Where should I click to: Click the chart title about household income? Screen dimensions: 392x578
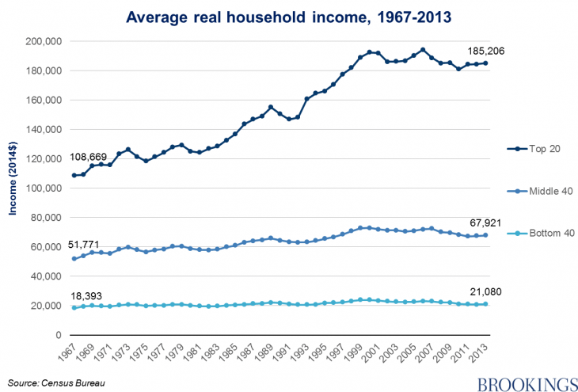288,15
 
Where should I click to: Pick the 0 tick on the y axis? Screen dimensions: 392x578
58,335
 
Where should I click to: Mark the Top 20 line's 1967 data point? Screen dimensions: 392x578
74,176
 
